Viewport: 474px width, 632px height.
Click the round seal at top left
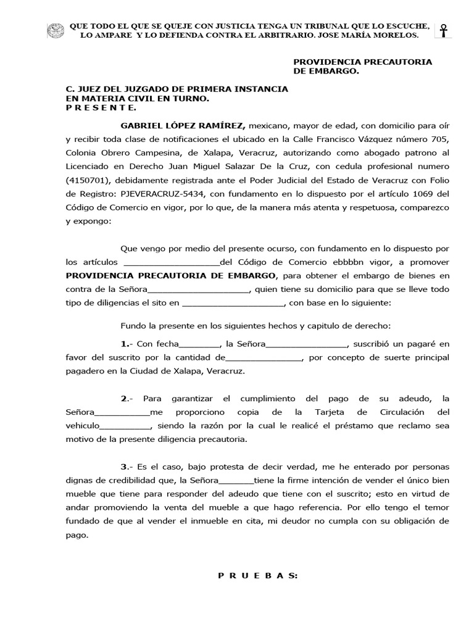point(56,30)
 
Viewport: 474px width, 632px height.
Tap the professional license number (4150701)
point(88,180)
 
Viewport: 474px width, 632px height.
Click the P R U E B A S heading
point(258,575)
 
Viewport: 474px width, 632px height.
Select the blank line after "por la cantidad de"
point(264,359)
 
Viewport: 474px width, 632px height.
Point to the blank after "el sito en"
point(234,304)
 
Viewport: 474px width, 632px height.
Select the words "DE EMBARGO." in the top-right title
point(325,71)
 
